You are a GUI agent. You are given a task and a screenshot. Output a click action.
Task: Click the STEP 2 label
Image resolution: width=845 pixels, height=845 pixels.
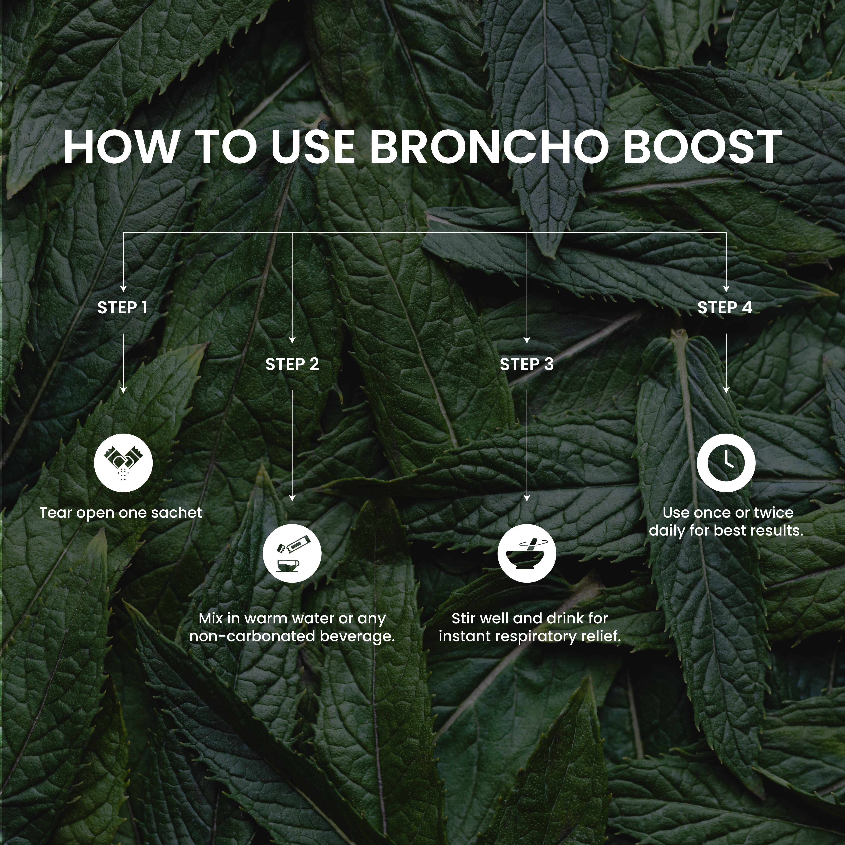coord(292,364)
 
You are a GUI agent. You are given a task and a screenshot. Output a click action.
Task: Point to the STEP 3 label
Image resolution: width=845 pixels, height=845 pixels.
coord(527,364)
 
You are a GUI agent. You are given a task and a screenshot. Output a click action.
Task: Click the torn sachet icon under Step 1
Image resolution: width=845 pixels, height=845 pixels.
coord(123,463)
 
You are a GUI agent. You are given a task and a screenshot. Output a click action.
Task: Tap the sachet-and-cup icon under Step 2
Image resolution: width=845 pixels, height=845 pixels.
coord(292,553)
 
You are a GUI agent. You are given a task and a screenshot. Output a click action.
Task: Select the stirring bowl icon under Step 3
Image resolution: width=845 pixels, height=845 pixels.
coord(527,553)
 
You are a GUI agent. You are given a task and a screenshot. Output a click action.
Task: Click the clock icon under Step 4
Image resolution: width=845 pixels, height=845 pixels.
coord(726,463)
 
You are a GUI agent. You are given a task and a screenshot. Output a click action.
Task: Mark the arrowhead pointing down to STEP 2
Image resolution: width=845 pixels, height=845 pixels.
coord(292,340)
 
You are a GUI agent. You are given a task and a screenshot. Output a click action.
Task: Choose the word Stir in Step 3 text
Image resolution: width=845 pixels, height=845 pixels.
coord(463,618)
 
